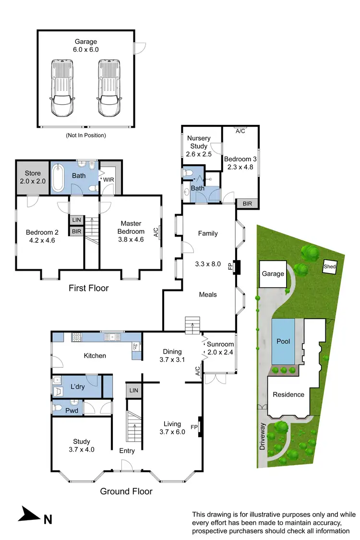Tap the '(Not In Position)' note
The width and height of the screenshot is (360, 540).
pyautogui.click(x=86, y=135)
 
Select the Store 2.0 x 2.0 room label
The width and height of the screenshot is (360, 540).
pyautogui.click(x=32, y=177)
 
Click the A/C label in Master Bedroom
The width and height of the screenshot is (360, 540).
pyautogui.click(x=156, y=233)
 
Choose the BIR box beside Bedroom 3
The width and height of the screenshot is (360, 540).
pyautogui.click(x=248, y=204)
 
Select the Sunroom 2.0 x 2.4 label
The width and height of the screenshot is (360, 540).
pyautogui.click(x=220, y=348)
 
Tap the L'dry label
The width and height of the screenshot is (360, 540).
pyautogui.click(x=78, y=386)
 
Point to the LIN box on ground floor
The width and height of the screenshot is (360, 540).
pyautogui.click(x=133, y=391)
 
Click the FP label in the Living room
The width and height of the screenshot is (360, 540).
pyautogui.click(x=194, y=427)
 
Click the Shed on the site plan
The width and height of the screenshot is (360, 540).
pyautogui.click(x=329, y=266)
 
